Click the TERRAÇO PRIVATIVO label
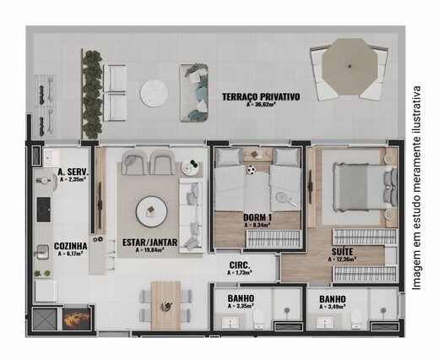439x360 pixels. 261,97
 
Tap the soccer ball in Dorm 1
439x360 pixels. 251,170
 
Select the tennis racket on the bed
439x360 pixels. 279,199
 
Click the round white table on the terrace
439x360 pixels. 154,93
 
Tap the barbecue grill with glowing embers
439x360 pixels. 75,319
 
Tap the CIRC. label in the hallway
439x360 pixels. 240,265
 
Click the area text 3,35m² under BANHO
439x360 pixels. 241,309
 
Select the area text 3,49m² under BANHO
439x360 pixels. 332,309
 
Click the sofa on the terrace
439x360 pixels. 195,92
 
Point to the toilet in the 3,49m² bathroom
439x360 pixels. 358,318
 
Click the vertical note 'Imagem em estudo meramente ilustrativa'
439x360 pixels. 416,187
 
